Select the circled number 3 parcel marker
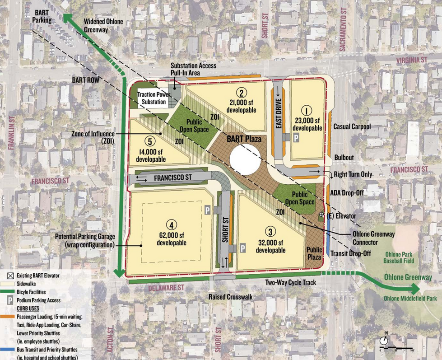[x=270, y=232]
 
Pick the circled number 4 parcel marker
[x=171, y=224]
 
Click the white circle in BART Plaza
[x=245, y=158]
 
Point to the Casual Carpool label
[x=352, y=127]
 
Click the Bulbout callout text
[x=344, y=157]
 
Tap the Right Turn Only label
[x=353, y=174]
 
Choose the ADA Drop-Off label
[x=350, y=193]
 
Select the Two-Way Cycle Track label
[x=289, y=283]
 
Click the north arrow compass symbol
[x=385, y=340]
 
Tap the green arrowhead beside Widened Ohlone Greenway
[x=68, y=18]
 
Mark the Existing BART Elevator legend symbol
[x=9, y=275]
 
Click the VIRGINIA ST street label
[x=411, y=59]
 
